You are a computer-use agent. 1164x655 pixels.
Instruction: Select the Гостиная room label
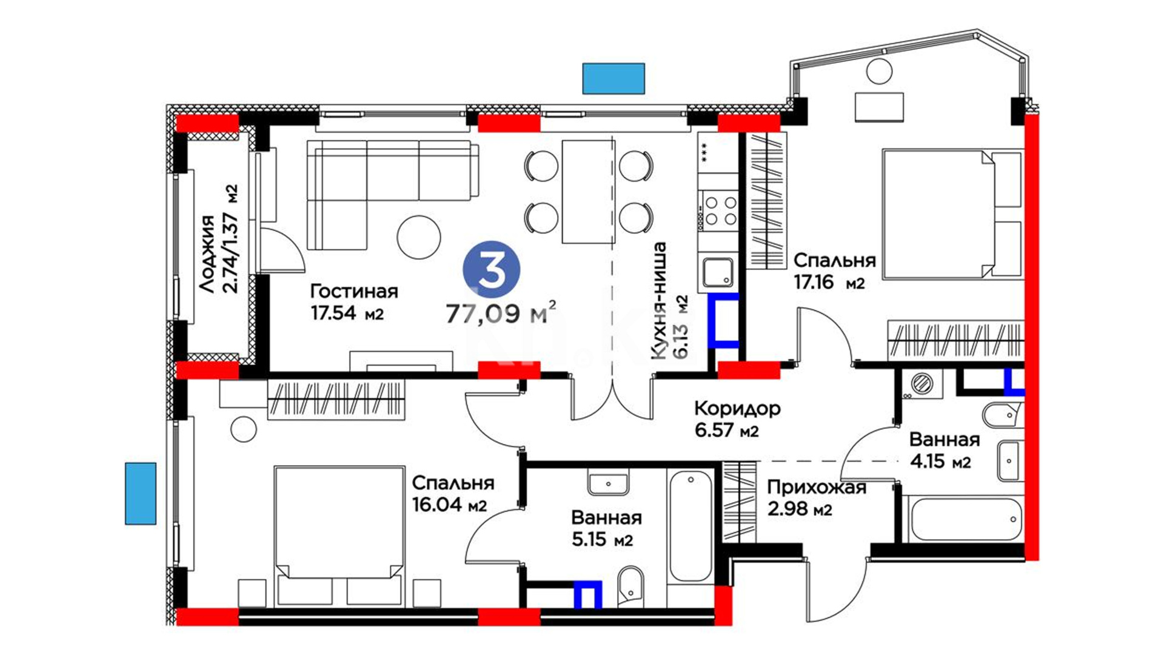354,291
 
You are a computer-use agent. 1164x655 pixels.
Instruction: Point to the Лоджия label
207,254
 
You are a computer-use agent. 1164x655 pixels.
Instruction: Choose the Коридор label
737,408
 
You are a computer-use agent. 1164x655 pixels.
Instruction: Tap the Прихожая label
817,487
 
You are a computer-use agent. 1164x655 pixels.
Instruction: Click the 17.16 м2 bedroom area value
829,282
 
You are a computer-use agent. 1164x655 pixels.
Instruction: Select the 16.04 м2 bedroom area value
449,505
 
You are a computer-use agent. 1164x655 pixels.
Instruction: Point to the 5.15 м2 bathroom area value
602,539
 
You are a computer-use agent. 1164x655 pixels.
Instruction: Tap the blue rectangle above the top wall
614,78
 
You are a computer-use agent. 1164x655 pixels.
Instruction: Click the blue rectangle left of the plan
141,493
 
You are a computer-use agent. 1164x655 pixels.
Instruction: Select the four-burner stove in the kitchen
718,210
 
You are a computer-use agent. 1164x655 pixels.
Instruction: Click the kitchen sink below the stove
718,272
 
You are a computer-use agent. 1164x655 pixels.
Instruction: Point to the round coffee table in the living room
419,237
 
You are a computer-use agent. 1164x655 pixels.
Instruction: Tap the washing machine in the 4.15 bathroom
922,383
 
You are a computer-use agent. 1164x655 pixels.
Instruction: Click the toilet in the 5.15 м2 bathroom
630,587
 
